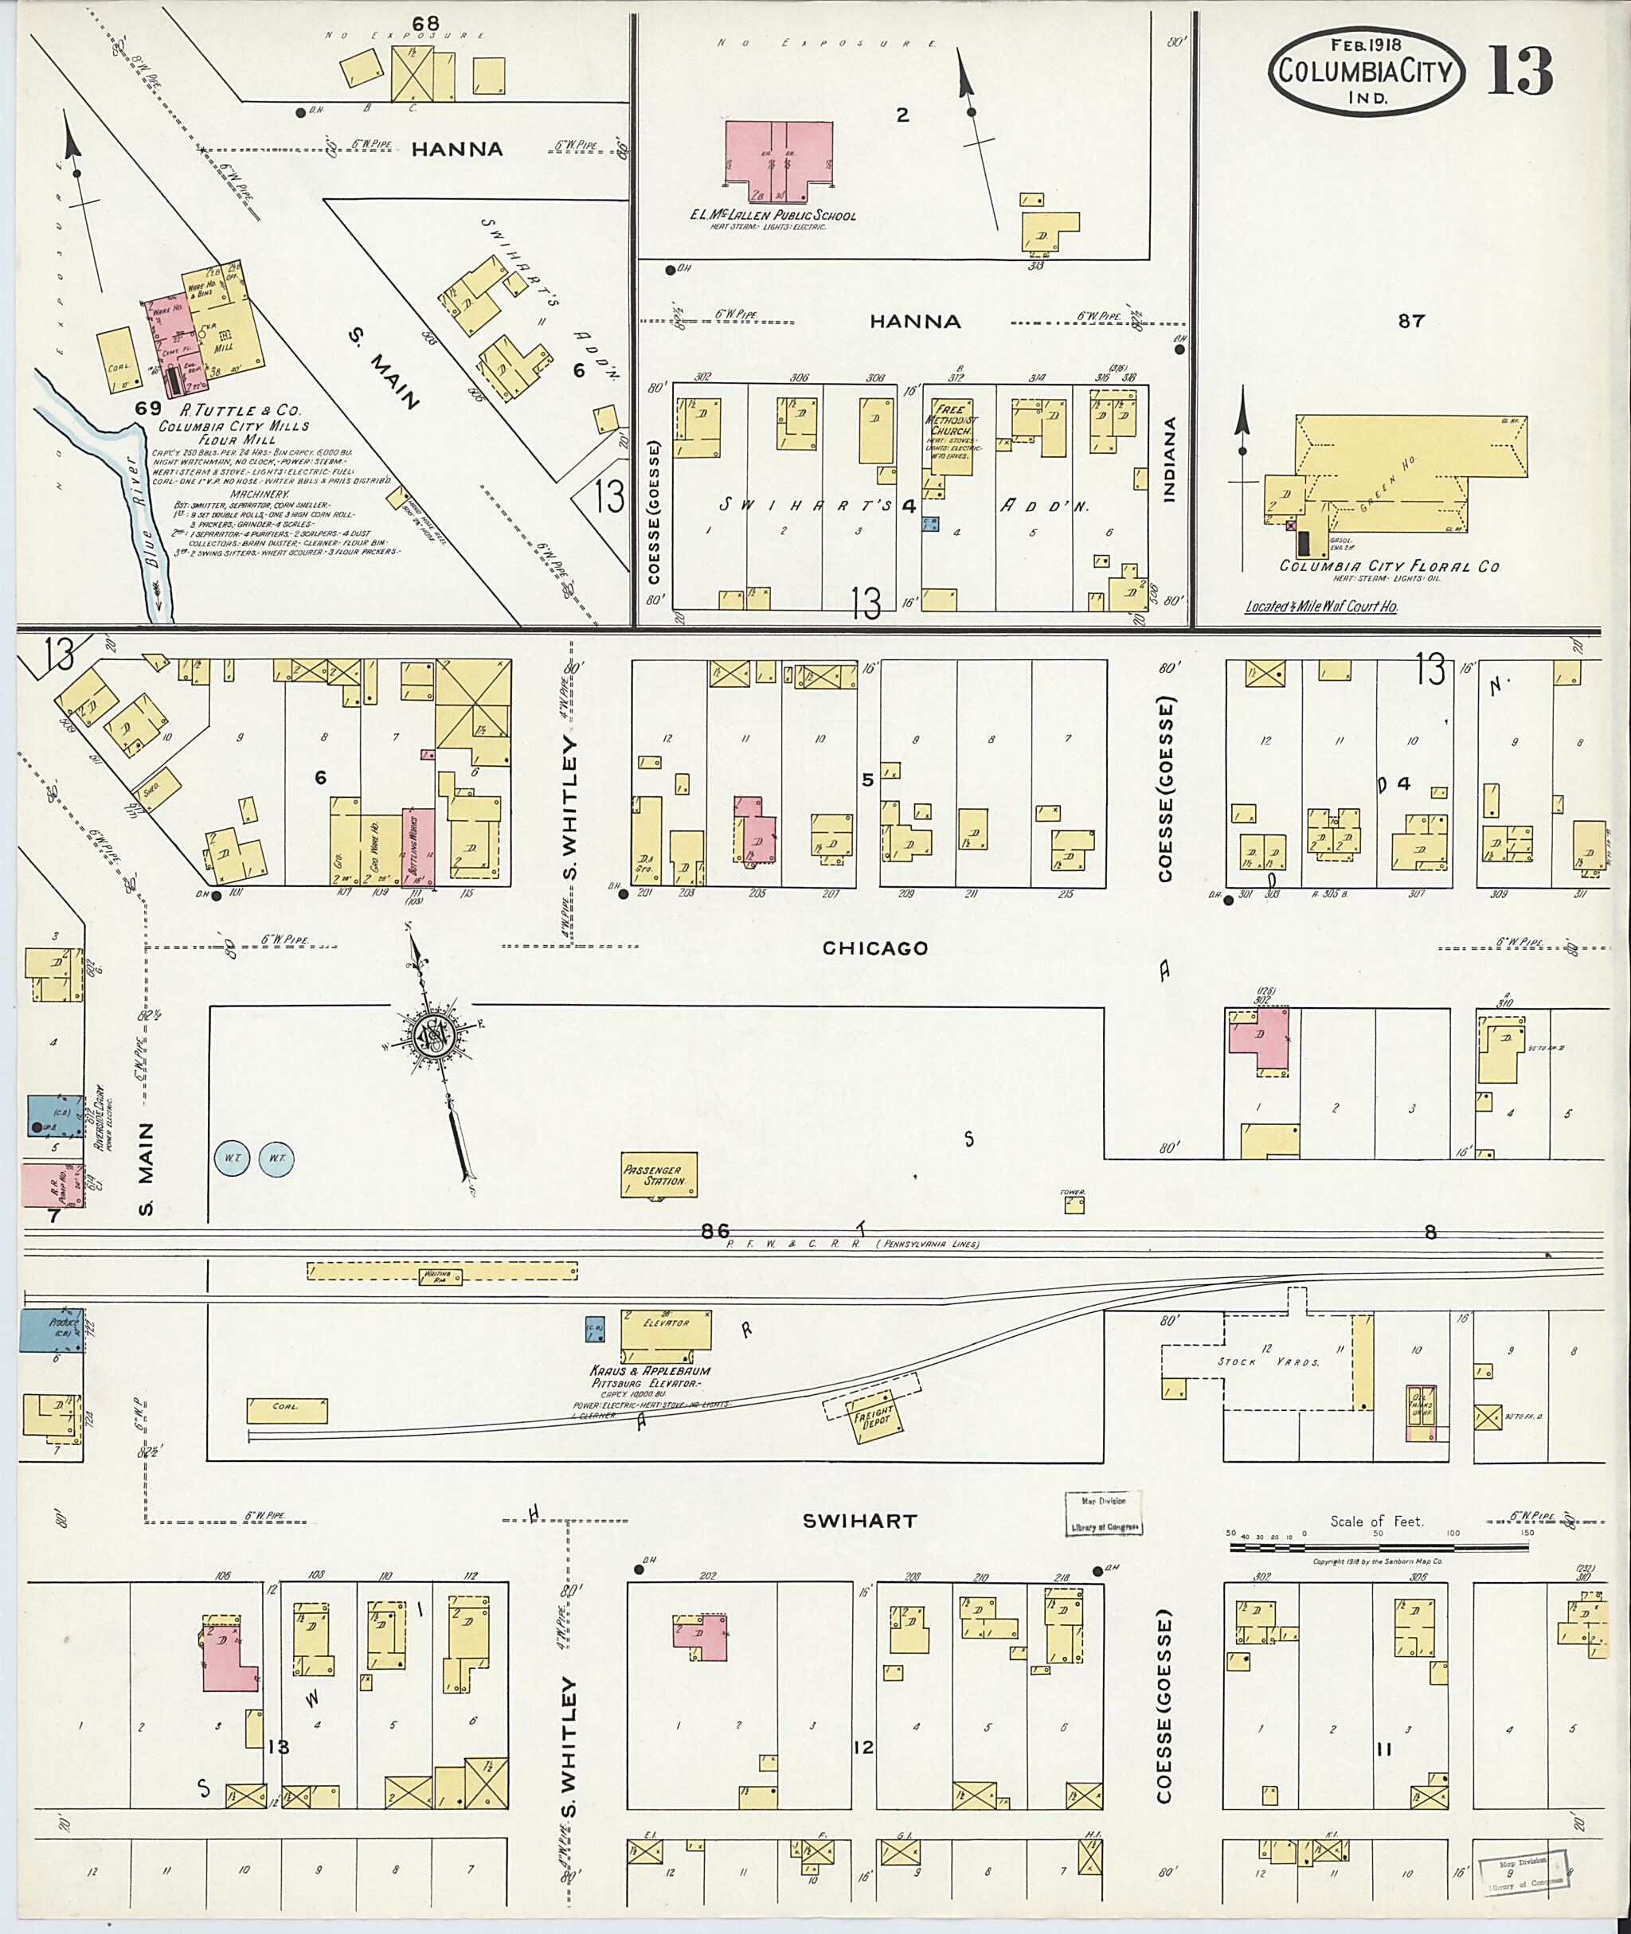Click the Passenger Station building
[659, 1175]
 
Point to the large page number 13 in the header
[1520, 70]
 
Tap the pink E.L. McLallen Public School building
[777, 159]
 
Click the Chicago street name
[874, 947]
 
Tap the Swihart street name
[859, 1521]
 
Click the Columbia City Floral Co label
[1389, 566]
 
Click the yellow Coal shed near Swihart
[287, 1410]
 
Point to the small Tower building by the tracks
[1074, 1205]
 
